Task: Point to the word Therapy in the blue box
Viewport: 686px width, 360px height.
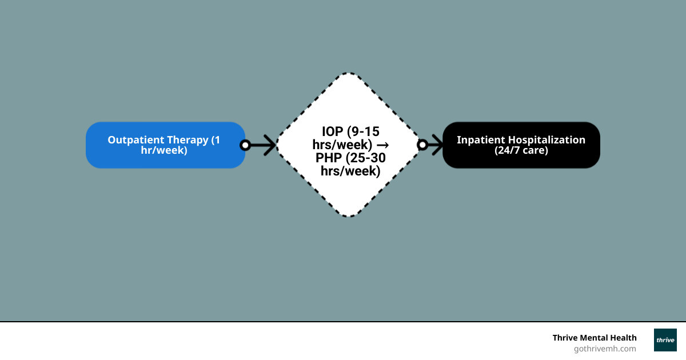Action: [187, 140]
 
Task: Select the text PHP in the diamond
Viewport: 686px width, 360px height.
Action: [329, 158]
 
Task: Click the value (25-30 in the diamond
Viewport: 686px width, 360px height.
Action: [366, 158]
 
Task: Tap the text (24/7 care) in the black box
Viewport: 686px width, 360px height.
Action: [521, 151]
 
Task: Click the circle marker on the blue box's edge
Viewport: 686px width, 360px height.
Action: [245, 145]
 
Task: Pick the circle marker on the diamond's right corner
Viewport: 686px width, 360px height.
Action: [422, 145]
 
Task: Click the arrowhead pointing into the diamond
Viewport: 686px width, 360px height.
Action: [270, 145]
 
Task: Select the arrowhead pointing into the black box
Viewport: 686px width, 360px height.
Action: [438, 145]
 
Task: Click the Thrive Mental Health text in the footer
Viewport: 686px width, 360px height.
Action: [594, 338]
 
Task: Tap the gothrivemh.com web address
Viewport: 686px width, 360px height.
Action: [605, 349]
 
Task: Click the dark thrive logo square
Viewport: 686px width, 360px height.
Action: [665, 340]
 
